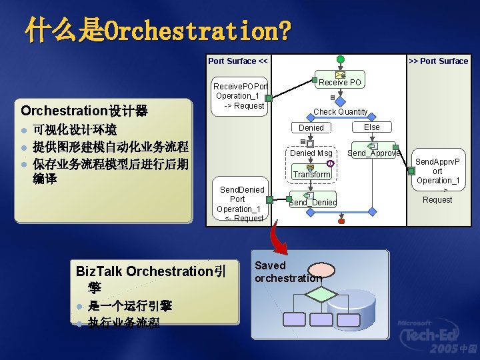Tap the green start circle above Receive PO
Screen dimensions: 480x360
coord(341,59)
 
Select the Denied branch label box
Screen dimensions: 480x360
coord(311,127)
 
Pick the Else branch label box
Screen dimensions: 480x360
coord(372,127)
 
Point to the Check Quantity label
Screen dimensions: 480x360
coord(340,111)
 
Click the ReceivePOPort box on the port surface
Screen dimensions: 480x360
coord(240,96)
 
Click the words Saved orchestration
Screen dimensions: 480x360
coord(287,271)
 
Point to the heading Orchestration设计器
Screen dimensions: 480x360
coord(84,110)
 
